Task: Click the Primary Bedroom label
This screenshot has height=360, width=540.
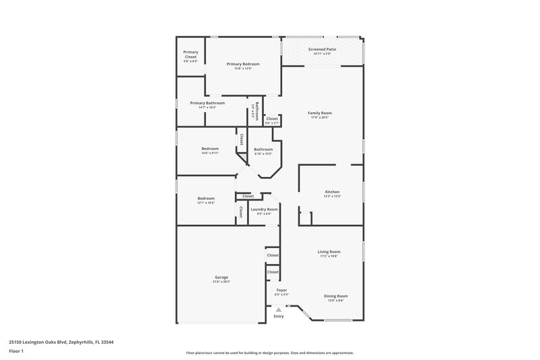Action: click(x=242, y=63)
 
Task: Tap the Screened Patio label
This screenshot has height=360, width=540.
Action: click(x=322, y=49)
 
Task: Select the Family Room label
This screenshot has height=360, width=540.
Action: click(x=320, y=113)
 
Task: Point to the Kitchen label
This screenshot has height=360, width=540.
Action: click(x=332, y=192)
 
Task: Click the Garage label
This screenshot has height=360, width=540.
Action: click(x=221, y=277)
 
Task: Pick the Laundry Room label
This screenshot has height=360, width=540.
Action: click(x=264, y=209)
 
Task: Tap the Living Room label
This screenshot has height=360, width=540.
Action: click(x=329, y=252)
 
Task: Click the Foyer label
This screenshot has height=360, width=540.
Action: click(x=281, y=290)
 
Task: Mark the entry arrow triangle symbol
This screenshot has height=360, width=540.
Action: click(x=278, y=309)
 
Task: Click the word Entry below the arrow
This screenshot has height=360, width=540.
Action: click(x=279, y=316)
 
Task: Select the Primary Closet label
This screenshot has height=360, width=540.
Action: click(x=190, y=54)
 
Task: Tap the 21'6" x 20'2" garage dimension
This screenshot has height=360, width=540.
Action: click(x=221, y=282)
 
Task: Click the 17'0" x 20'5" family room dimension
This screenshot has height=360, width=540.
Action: click(x=320, y=118)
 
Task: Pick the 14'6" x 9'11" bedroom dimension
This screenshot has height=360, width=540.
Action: click(x=210, y=153)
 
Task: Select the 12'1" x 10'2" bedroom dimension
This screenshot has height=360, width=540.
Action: click(x=206, y=203)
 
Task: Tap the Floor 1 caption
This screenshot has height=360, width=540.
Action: click(x=16, y=351)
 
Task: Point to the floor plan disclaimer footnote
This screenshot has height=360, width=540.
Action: click(x=269, y=353)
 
